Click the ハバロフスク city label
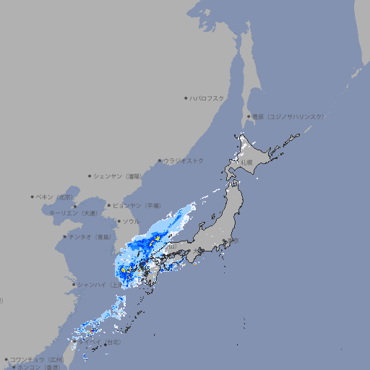207,98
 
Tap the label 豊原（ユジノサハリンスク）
288,116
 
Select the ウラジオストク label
184,160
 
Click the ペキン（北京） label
56,197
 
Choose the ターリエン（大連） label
73,213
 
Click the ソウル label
131,221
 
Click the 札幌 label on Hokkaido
247,163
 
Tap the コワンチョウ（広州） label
37,359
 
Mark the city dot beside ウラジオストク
160,160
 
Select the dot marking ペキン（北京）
33,197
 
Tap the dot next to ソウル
119,221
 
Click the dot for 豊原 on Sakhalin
249,116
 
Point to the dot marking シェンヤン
90,176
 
